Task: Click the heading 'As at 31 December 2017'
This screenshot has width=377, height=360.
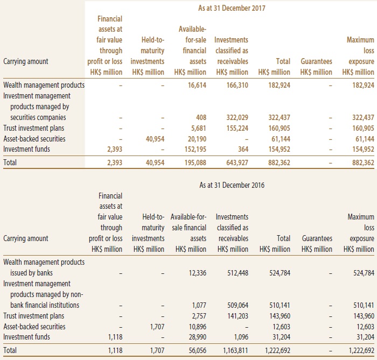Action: point(232,8)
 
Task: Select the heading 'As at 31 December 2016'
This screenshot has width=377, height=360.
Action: point(232,185)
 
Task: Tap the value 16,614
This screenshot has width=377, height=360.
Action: point(197,85)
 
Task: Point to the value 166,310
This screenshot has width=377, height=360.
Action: point(238,85)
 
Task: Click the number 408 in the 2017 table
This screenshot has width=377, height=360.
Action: point(201,117)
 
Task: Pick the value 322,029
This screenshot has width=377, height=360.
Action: point(238,117)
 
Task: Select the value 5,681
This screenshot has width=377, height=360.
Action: point(199,128)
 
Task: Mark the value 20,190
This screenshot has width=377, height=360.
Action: point(197,139)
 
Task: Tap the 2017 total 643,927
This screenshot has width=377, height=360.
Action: point(238,163)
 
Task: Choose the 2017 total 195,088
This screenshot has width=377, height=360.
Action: point(195,163)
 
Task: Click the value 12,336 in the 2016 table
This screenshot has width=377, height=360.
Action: point(198,273)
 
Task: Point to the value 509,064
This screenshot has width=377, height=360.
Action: point(238,305)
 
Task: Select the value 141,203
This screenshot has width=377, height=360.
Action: point(238,316)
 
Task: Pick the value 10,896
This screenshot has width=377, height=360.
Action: point(198,327)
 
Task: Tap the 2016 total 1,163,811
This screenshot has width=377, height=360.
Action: point(236,351)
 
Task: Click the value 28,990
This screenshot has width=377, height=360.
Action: point(198,337)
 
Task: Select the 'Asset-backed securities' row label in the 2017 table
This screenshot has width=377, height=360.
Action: point(34,139)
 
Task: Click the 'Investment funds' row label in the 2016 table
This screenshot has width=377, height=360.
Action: point(27,337)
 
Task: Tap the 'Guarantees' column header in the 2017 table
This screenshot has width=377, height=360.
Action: point(316,61)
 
